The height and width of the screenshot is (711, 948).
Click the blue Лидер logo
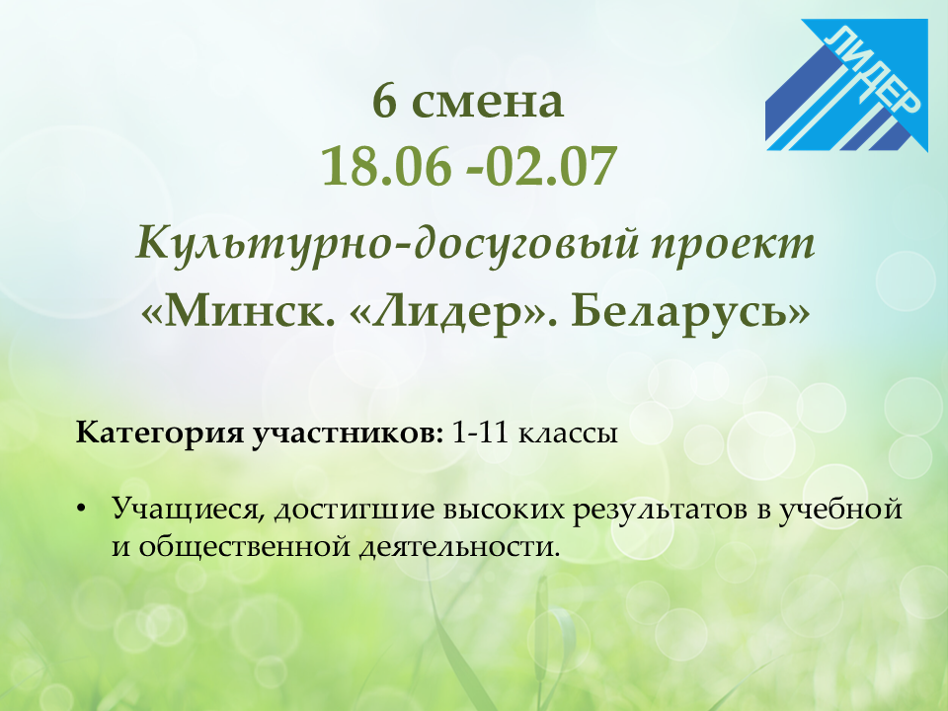pos(846,85)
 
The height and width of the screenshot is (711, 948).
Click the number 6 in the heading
pos(384,101)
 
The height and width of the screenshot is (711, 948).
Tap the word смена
pos(487,104)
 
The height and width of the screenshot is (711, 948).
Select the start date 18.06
pos(386,166)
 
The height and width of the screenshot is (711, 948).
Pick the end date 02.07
pos(550,166)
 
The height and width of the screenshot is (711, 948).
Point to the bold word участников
pos(347,434)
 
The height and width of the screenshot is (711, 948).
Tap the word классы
pos(568,434)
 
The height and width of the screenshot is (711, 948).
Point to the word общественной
pos(245,548)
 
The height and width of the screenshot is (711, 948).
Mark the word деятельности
pos(457,548)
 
